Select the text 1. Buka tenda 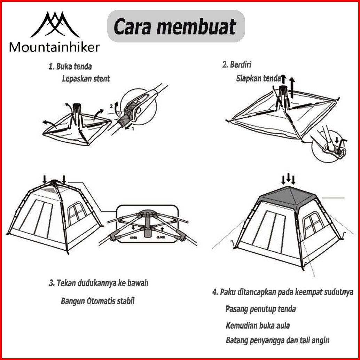tap(70, 66)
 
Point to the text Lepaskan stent tap(86, 78)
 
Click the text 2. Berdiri tap(237, 65)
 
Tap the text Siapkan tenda tap(258, 78)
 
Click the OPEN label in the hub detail tap(133, 238)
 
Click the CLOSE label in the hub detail tap(161, 238)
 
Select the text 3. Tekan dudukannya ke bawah tap(99, 283)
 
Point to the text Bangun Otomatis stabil tap(97, 301)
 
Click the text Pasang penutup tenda tap(260, 309)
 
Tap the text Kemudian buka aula tap(258, 326)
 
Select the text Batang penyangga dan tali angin tap(277, 341)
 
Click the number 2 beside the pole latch tap(111, 105)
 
